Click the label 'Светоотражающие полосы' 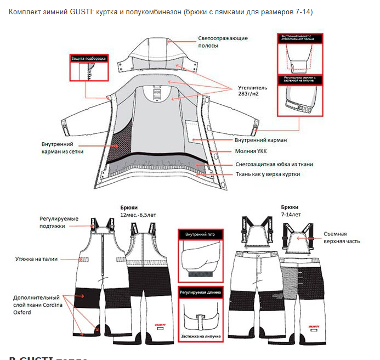[223, 42]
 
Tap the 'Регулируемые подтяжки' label [59, 222]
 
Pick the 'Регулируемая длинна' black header [200, 293]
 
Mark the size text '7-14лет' [291, 215]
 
